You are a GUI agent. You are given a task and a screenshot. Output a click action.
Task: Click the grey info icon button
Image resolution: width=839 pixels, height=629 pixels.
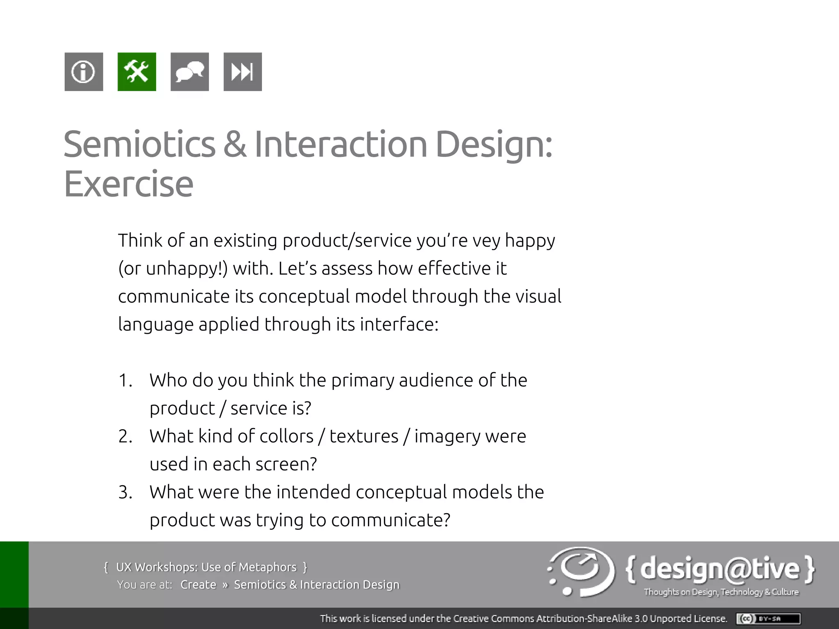[84, 72]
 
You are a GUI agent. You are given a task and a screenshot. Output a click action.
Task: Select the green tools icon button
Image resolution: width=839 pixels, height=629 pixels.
[137, 72]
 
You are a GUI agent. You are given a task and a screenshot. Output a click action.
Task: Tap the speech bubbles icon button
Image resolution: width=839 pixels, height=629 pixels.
[190, 72]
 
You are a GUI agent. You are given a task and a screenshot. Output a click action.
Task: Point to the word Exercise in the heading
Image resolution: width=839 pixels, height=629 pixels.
[128, 184]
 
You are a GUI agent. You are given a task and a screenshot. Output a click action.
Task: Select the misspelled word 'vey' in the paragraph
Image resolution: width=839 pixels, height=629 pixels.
[486, 241]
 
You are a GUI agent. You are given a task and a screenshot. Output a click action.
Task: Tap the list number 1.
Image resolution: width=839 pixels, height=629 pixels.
[125, 380]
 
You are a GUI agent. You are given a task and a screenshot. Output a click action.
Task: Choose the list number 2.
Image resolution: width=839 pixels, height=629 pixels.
[125, 437]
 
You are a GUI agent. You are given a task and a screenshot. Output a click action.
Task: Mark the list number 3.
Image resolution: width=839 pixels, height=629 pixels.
[125, 492]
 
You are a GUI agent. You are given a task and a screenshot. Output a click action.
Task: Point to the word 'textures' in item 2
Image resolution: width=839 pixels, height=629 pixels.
[364, 436]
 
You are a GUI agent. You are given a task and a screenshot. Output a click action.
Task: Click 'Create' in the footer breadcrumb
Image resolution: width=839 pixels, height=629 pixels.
[198, 585]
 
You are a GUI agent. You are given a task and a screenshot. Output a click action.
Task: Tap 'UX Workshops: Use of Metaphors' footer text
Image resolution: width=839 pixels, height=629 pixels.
[206, 567]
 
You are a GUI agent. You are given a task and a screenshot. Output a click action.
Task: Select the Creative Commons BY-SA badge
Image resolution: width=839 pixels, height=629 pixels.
[768, 618]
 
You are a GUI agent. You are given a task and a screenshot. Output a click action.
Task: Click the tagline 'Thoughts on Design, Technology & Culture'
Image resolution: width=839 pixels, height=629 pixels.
[721, 592]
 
